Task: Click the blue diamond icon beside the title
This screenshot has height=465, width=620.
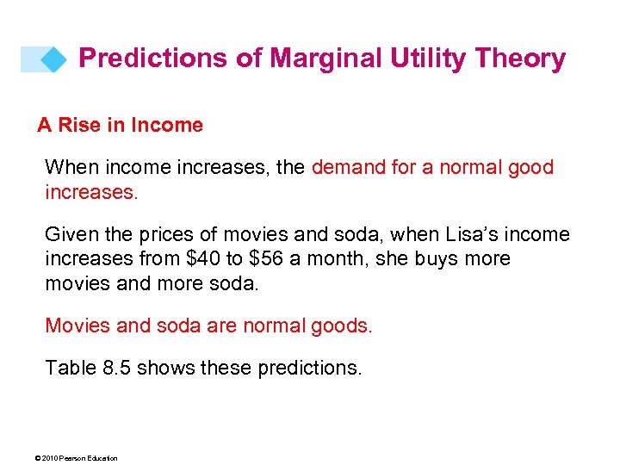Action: [54, 59]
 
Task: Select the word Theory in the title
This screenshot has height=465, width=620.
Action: [523, 59]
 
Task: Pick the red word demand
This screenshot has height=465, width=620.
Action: [350, 167]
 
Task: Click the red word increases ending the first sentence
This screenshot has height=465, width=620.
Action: [90, 191]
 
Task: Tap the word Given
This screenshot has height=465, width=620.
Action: [71, 235]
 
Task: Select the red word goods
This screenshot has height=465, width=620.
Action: [344, 325]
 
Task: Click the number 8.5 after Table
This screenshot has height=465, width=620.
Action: [117, 369]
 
